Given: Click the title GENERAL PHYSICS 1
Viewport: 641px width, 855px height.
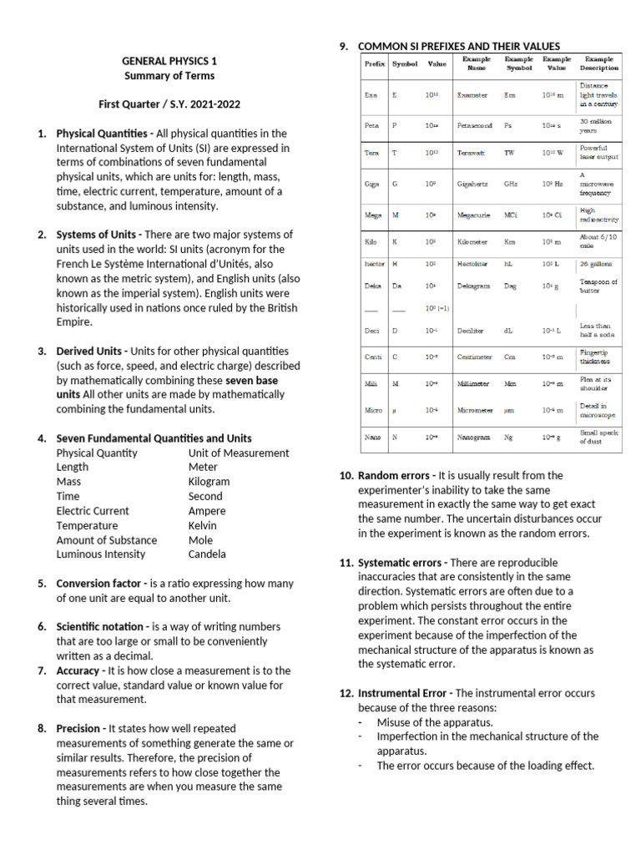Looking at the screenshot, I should tap(169, 61).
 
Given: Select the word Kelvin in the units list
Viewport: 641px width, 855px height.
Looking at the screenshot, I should tap(202, 525).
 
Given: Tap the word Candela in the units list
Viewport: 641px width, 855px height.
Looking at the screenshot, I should tap(207, 554).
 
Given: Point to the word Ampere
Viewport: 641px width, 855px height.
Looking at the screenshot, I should tap(206, 511).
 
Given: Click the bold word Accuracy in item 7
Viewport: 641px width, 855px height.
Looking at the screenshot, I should tap(80, 670).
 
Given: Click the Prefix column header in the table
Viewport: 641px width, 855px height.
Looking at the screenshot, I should tap(373, 64).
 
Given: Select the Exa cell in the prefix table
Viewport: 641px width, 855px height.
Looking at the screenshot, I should tap(371, 95).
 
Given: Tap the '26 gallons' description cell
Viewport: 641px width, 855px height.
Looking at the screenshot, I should tap(598, 263).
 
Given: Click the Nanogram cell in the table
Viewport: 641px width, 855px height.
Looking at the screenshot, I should tap(473, 437).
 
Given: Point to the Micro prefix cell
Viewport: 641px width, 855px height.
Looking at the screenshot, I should tap(373, 410).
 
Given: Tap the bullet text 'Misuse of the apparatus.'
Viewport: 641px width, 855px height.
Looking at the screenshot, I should tap(435, 722).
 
